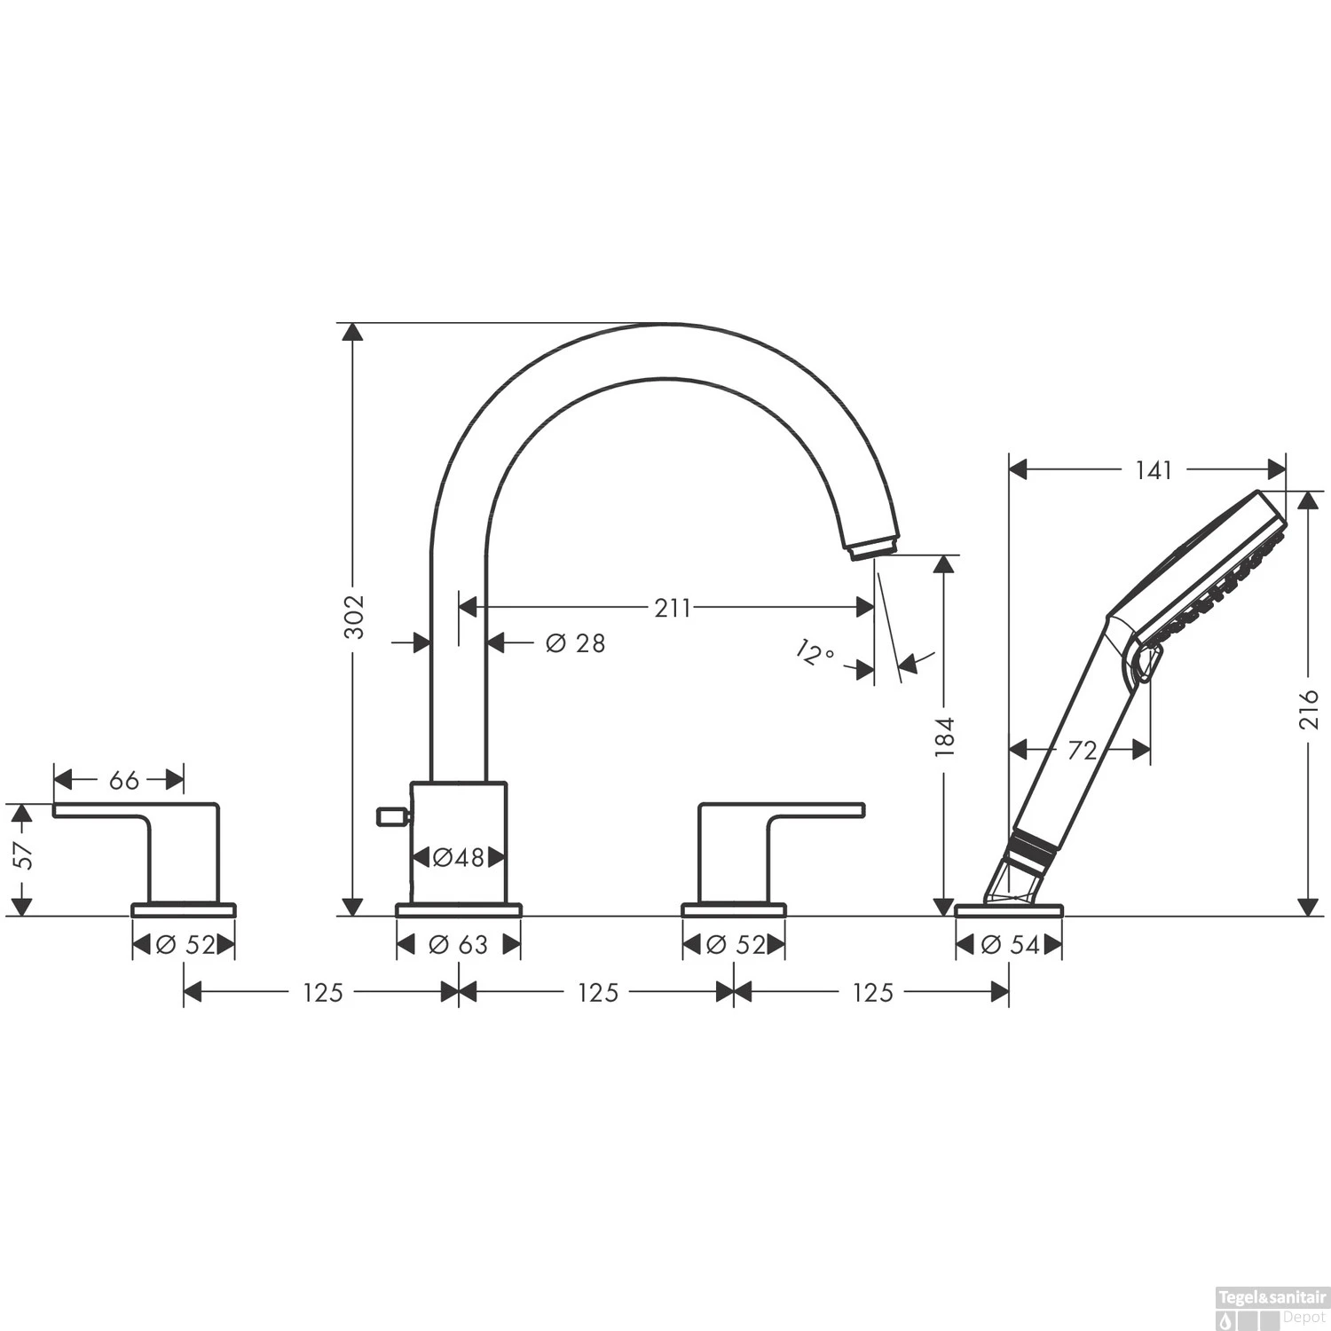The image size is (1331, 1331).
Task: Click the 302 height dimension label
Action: [x=354, y=615]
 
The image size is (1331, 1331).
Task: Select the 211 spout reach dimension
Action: [x=673, y=608]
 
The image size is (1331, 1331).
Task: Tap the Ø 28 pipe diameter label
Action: [x=575, y=642]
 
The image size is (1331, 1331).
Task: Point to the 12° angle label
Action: [x=815, y=654]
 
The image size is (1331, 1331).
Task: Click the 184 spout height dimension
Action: [x=944, y=736]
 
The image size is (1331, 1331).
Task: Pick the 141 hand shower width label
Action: [x=1154, y=470]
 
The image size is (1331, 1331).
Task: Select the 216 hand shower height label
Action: [x=1309, y=708]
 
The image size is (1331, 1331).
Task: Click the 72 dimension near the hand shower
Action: [x=1082, y=751]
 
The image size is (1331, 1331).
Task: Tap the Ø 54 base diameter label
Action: [x=1010, y=945]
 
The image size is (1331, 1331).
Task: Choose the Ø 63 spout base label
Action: [x=458, y=945]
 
